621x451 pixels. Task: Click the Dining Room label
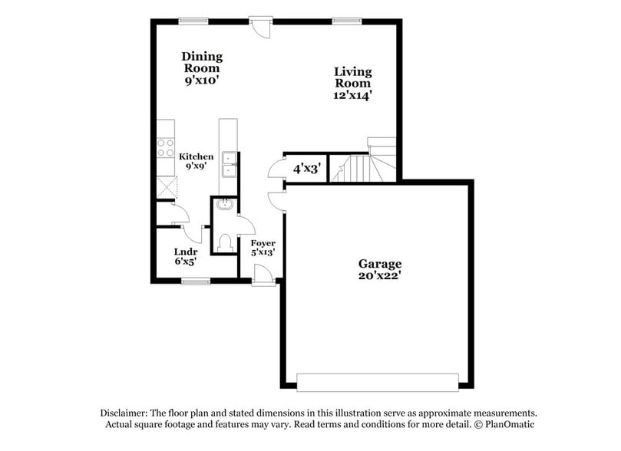202,67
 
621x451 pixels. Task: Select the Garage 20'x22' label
379,269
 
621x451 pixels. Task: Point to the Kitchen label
197,161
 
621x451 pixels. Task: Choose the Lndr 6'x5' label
185,256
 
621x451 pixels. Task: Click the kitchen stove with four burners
166,147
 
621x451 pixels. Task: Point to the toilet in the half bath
225,243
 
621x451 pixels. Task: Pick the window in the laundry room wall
196,281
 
